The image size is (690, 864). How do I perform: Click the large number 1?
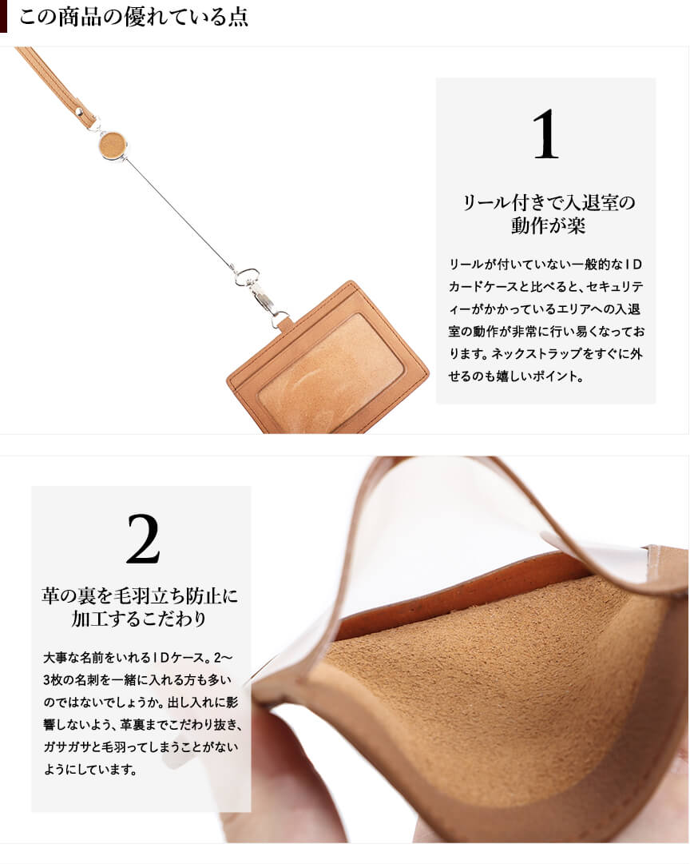545,134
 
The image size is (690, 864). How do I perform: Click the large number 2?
143,540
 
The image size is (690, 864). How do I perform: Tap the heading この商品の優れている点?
133,17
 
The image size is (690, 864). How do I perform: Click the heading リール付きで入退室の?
548,202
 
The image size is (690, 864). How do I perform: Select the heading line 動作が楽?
547,225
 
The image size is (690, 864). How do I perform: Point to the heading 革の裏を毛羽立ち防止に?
140,595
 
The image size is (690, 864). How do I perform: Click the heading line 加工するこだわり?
139,619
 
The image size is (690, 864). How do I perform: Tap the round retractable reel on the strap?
113,145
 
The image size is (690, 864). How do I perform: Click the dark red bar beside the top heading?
3,17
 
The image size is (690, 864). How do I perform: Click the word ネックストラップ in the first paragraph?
536,354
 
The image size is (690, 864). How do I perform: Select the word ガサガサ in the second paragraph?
64,747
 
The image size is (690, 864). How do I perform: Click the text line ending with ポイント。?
517,377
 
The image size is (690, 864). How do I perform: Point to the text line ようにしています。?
91,770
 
